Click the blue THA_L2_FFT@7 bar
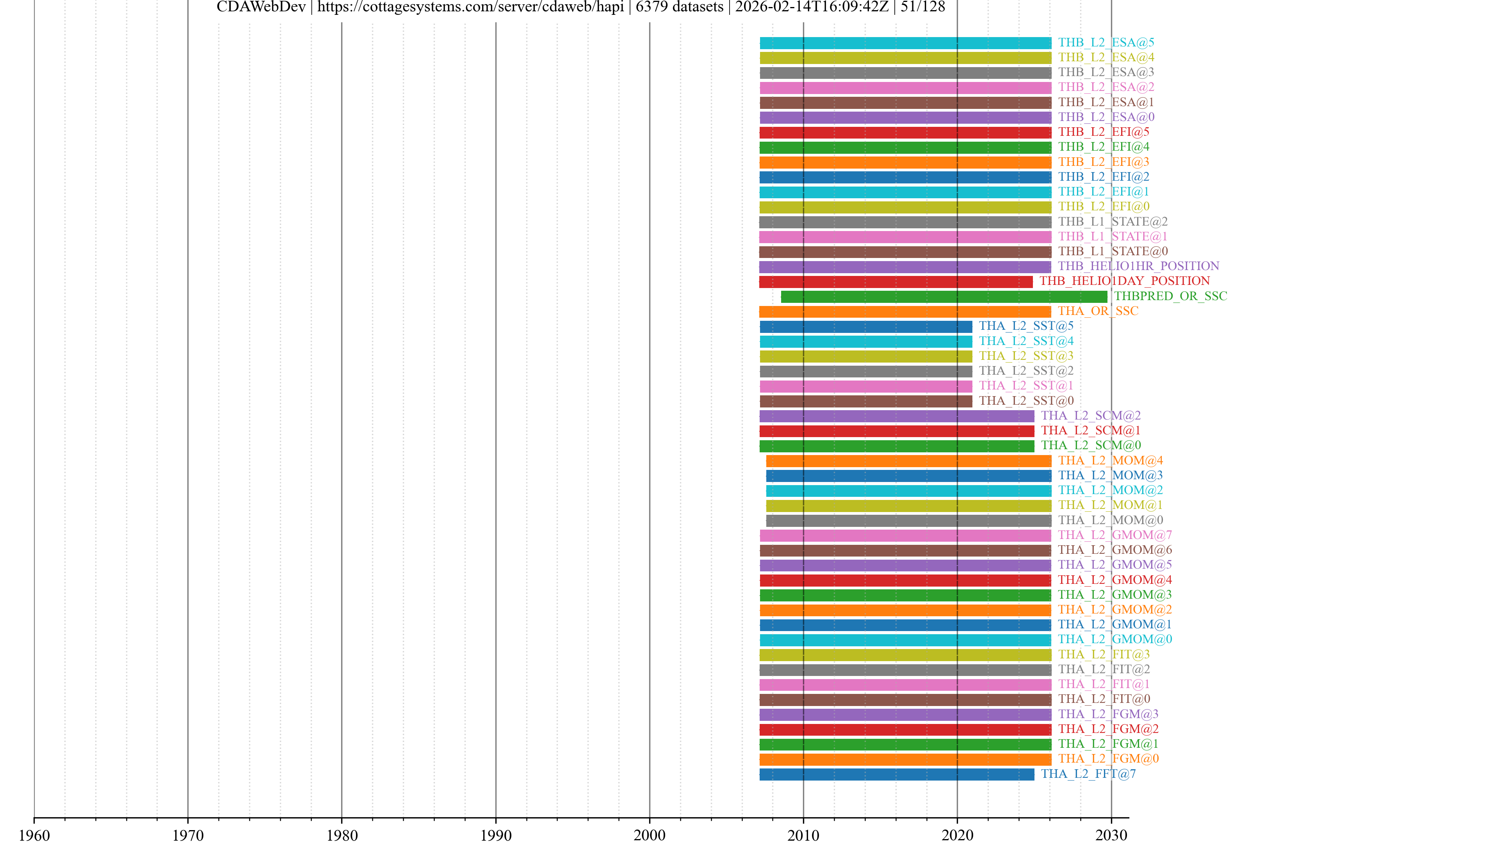897,774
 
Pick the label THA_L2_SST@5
1026,326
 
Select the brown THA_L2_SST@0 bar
865,402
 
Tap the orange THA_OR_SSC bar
905,312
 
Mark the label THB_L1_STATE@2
1113,222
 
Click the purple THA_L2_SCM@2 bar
897,416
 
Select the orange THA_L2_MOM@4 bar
908,461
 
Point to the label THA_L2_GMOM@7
1115,535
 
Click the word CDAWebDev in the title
261,7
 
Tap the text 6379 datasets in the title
679,7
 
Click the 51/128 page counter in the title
923,7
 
